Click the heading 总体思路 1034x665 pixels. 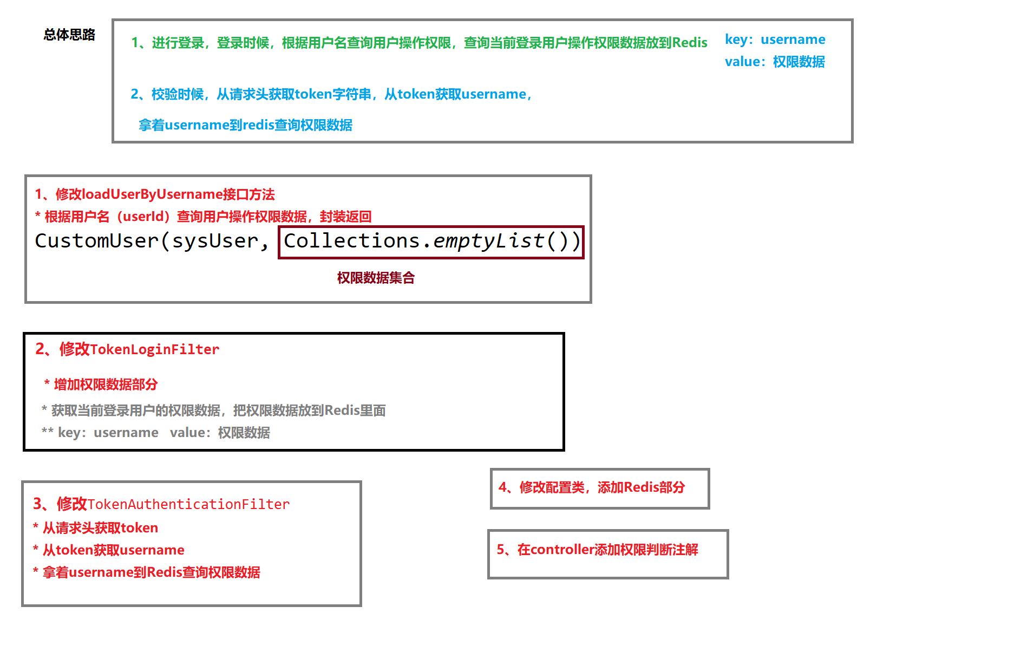click(69, 35)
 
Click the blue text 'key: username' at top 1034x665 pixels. click(775, 40)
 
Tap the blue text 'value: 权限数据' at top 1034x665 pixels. click(775, 62)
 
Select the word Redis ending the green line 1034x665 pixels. click(690, 43)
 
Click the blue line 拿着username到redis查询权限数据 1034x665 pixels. click(245, 125)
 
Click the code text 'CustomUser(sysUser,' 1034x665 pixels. click(152, 241)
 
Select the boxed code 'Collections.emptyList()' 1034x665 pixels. click(431, 241)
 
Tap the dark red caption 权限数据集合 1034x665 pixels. click(376, 278)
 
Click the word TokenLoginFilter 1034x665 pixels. click(154, 349)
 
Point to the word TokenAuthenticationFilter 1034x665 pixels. click(188, 504)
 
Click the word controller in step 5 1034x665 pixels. click(562, 550)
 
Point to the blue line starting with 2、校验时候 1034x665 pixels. click(331, 94)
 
